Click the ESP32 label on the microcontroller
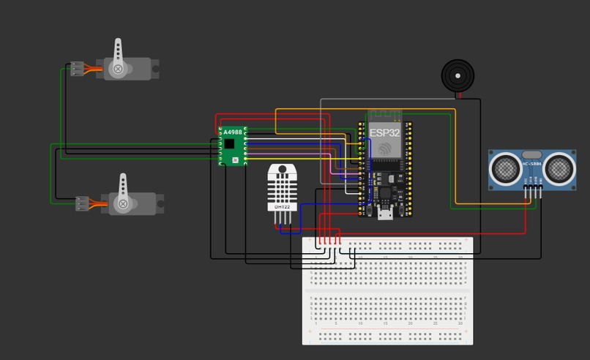click(x=384, y=132)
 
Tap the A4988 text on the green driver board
click(x=232, y=132)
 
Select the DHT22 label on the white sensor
click(x=282, y=207)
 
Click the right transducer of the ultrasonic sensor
click(x=559, y=168)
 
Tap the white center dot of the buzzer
click(x=458, y=75)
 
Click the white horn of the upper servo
click(x=119, y=59)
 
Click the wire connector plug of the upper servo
click(x=77, y=70)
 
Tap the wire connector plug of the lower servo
click(x=83, y=203)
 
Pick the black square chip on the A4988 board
click(x=230, y=143)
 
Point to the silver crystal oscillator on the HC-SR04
click(x=532, y=155)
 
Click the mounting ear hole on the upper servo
click(x=154, y=71)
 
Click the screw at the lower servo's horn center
click(x=123, y=203)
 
